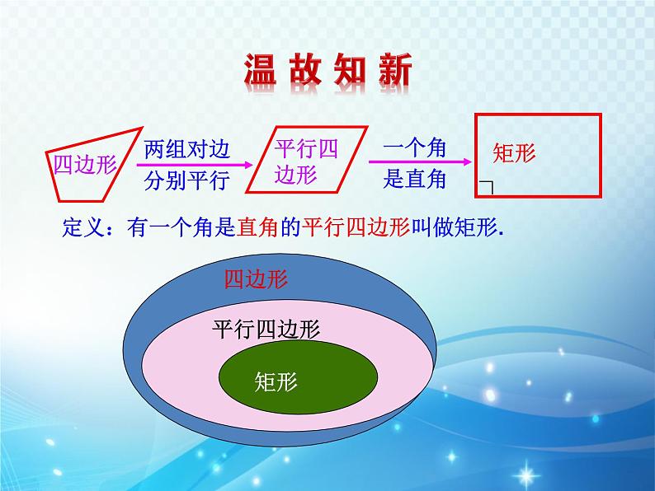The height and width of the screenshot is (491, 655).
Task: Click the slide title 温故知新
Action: [x=328, y=69]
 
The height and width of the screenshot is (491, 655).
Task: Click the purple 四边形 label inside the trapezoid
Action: [x=85, y=165]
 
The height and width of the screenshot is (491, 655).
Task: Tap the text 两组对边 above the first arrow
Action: [x=187, y=149]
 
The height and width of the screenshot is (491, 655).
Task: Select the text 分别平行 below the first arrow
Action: [x=187, y=180]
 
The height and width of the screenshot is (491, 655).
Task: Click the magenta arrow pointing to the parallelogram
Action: [x=195, y=165]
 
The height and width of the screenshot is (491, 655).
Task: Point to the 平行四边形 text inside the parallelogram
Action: [x=306, y=161]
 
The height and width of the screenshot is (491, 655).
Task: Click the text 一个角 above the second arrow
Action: [x=414, y=148]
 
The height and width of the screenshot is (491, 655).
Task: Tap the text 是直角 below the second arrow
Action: [x=414, y=180]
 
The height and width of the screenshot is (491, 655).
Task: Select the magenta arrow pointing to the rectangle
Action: [x=420, y=161]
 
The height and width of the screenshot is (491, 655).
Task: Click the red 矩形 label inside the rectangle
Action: [x=514, y=152]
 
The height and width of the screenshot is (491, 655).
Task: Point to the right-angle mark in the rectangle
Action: [x=487, y=188]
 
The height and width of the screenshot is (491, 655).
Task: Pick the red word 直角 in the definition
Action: [x=257, y=227]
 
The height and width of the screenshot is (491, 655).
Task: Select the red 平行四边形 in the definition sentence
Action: [x=356, y=227]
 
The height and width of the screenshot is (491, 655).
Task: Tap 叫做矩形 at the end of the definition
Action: [x=455, y=227]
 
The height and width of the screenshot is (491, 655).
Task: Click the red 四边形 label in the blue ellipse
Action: [x=256, y=279]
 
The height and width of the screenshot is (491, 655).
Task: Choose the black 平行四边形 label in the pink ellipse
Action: [x=266, y=330]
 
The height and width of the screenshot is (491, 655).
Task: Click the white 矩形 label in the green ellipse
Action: [x=276, y=381]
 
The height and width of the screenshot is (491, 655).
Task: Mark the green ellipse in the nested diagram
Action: [x=299, y=377]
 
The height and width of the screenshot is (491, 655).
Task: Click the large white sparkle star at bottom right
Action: [x=526, y=475]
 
